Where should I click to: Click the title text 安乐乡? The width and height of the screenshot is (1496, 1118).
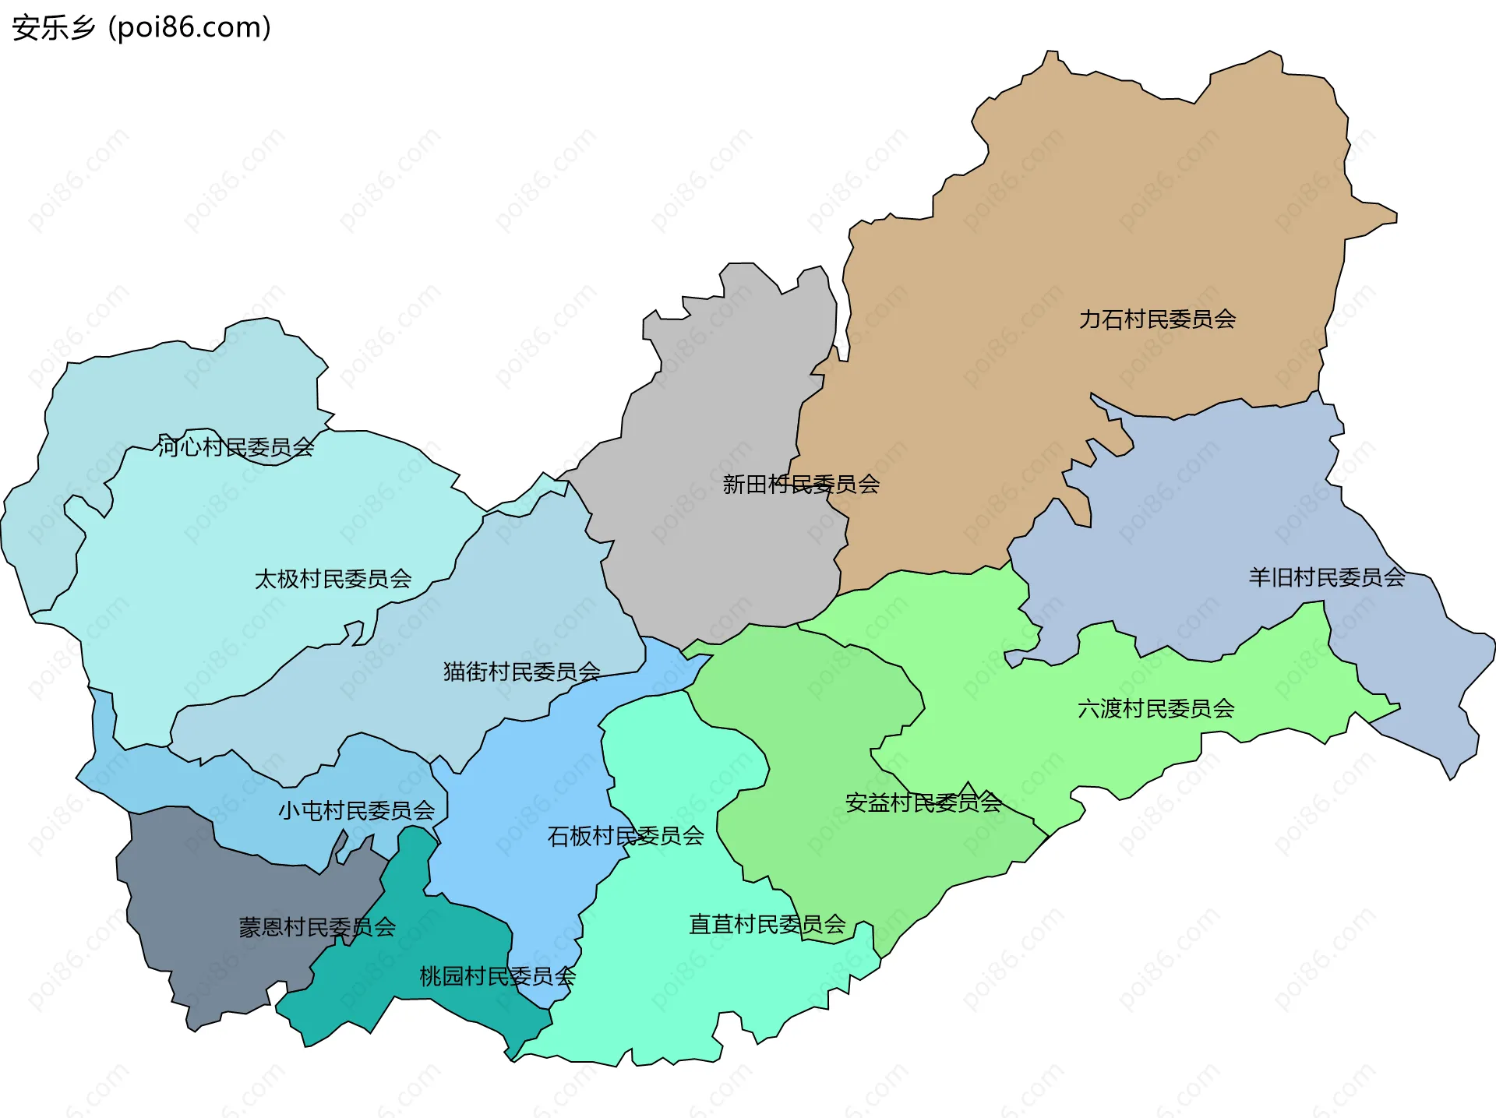pyautogui.click(x=53, y=28)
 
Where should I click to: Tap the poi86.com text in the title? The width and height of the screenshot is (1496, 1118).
pyautogui.click(x=189, y=28)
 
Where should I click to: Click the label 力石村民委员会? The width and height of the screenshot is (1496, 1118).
pyautogui.click(x=1157, y=319)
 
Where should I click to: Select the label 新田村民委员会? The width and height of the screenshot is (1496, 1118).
pyautogui.click(x=801, y=485)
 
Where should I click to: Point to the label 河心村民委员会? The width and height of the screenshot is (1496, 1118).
pyautogui.click(x=235, y=447)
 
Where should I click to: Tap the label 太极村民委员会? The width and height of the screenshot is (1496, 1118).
pyautogui.click(x=333, y=579)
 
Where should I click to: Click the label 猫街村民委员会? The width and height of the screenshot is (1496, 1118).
pyautogui.click(x=521, y=672)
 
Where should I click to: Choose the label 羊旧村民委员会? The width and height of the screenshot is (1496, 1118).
pyautogui.click(x=1327, y=577)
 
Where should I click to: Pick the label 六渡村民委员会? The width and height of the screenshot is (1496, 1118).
pyautogui.click(x=1156, y=709)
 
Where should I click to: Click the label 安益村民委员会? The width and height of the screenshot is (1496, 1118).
pyautogui.click(x=923, y=802)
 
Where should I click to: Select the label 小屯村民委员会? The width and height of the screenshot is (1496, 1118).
pyautogui.click(x=356, y=811)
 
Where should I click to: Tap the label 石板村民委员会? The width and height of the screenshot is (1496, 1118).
pyautogui.click(x=626, y=836)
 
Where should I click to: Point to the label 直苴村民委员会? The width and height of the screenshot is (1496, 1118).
pyautogui.click(x=767, y=925)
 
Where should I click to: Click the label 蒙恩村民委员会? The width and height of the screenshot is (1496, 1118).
pyautogui.click(x=317, y=927)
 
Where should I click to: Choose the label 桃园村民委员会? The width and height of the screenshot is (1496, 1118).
pyautogui.click(x=497, y=976)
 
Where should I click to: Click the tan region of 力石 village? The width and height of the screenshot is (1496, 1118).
pyautogui.click(x=1091, y=195)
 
